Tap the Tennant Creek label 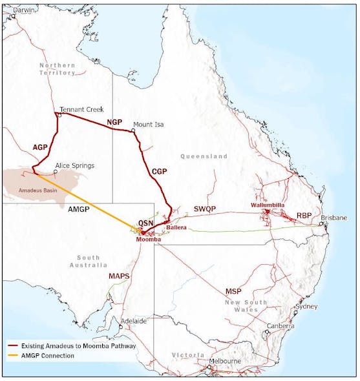(x=81, y=110)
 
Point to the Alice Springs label (x=75, y=165)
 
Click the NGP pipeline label (x=114, y=121)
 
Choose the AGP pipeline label (x=41, y=147)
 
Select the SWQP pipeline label (x=206, y=209)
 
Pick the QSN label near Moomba (x=145, y=223)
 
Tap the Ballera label (x=176, y=228)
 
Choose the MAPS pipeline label (x=119, y=276)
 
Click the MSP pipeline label (x=233, y=292)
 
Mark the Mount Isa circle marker (x=133, y=130)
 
